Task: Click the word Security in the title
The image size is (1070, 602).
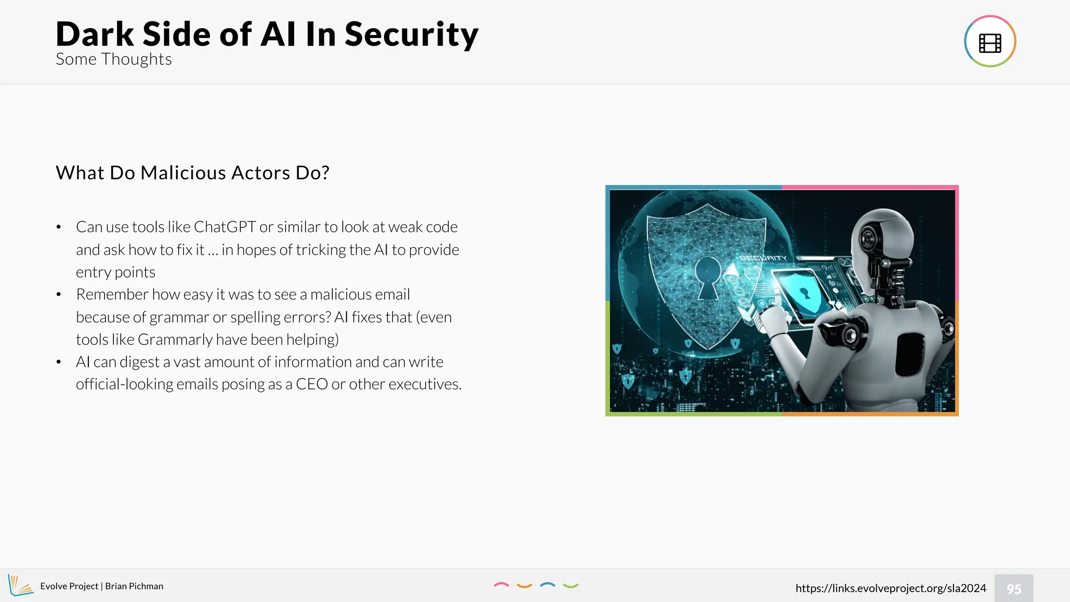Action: coord(411,34)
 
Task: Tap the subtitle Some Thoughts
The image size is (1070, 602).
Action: coord(113,60)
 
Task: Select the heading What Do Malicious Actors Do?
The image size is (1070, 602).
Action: coord(192,173)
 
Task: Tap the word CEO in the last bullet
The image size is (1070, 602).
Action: coord(311,385)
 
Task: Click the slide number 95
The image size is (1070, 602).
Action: coord(1014,589)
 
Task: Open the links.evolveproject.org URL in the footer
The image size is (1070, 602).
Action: coord(890,588)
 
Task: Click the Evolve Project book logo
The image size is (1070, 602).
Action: coord(20,586)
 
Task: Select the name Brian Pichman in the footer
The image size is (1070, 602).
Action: coord(134,586)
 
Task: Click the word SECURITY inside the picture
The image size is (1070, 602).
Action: coord(763,258)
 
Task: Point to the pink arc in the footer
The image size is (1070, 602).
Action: coord(501,585)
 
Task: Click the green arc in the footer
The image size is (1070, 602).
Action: coord(571,586)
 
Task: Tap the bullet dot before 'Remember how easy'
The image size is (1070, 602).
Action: coord(59,295)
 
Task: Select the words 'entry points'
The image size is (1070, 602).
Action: coord(115,272)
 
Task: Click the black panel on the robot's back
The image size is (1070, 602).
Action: coord(910,354)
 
